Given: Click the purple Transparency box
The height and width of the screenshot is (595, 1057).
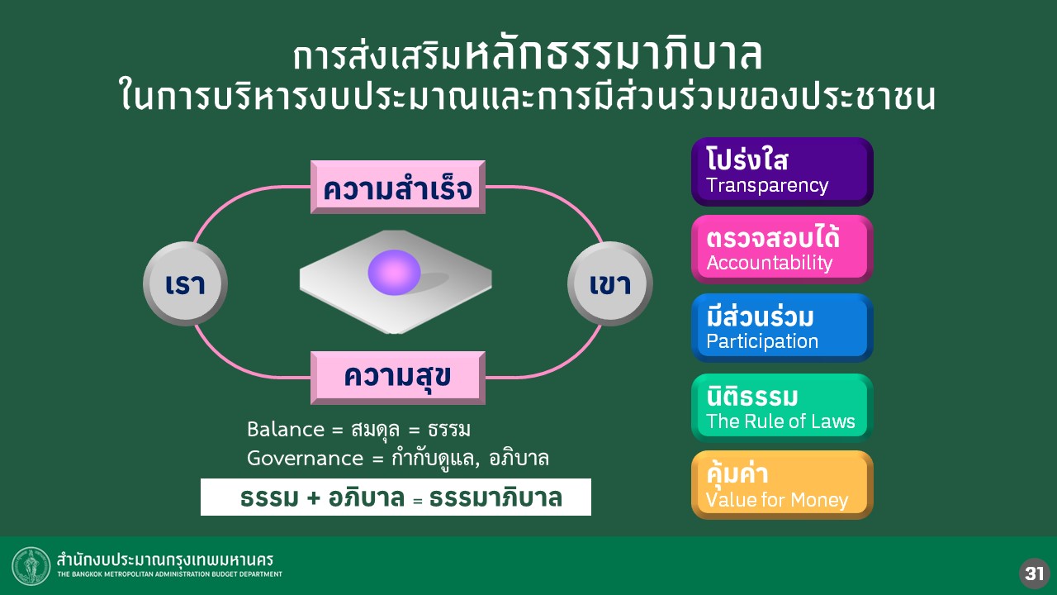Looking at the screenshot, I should tap(781, 172).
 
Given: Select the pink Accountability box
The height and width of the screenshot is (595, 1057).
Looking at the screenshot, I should tap(781, 250).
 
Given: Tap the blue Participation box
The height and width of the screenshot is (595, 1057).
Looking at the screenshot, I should tap(781, 328).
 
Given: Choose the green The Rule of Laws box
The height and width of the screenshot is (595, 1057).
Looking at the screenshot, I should tap(781, 407).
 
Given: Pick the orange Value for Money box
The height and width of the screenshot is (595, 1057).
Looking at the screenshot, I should tap(781, 485).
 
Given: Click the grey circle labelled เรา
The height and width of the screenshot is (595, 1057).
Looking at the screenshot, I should tap(185, 284).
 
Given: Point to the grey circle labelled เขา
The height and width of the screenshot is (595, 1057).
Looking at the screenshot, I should tap(610, 284).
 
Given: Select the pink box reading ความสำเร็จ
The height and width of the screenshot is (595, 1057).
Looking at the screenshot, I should tap(398, 188).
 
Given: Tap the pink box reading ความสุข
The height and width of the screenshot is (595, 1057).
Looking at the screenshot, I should tap(398, 378).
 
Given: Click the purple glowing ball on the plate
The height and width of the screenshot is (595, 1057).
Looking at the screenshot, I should tap(395, 273).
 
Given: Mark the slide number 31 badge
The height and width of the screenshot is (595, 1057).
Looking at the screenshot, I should tap(1034, 573).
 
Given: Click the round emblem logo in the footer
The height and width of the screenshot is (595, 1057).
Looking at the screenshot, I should tap(31, 566).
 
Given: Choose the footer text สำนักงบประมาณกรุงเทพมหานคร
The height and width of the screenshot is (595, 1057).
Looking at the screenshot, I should tap(165, 559).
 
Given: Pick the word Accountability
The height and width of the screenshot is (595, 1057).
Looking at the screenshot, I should tap(770, 264).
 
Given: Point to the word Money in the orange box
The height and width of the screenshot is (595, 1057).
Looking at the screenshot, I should tap(820, 500).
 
